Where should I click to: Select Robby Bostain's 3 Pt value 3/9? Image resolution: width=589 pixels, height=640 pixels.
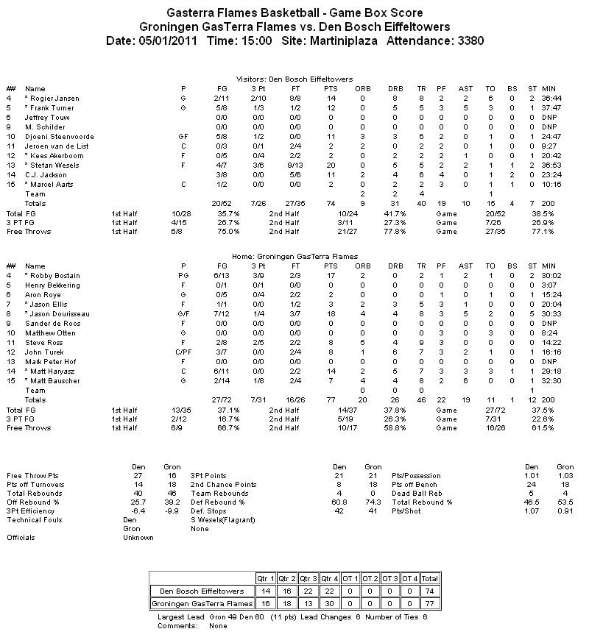pyautogui.click(x=258, y=276)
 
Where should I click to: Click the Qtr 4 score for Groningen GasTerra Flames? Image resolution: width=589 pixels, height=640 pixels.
pyautogui.click(x=329, y=603)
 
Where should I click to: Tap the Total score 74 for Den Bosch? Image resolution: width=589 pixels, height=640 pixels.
pyautogui.click(x=430, y=590)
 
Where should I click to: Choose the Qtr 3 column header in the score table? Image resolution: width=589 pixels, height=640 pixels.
pyautogui.click(x=308, y=577)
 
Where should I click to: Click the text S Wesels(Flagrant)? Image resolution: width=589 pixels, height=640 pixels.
pyautogui.click(x=222, y=520)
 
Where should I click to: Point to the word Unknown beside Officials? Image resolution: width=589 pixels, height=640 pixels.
pyautogui.click(x=138, y=538)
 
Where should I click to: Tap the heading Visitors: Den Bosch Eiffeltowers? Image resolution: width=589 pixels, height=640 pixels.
pyautogui.click(x=294, y=79)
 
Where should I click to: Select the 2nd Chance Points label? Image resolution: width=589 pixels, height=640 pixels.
pyautogui.click(x=224, y=485)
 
